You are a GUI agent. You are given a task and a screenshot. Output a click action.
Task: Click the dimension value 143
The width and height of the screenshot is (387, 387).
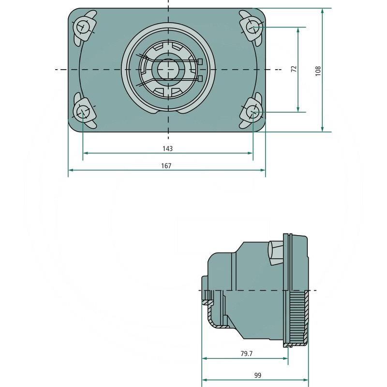[167, 149]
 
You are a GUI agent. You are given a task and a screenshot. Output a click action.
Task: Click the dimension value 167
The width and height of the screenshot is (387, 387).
[166, 165]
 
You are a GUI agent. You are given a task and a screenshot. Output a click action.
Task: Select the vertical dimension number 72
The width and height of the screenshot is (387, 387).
[294, 69]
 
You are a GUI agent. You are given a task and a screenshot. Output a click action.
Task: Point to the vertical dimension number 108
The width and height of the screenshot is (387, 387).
[318, 71]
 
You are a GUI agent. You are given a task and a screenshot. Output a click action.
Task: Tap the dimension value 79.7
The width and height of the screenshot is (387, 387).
[247, 354]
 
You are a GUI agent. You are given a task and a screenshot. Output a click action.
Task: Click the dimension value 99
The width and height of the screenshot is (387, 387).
[258, 375]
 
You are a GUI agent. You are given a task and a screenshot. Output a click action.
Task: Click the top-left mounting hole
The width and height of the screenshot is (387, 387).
[82, 27]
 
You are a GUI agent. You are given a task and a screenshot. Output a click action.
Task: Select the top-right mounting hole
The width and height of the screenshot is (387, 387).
[253, 27]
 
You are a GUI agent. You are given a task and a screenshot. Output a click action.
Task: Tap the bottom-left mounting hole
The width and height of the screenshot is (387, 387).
[82, 112]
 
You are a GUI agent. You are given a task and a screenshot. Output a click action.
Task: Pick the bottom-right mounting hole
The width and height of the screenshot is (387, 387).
[253, 112]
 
